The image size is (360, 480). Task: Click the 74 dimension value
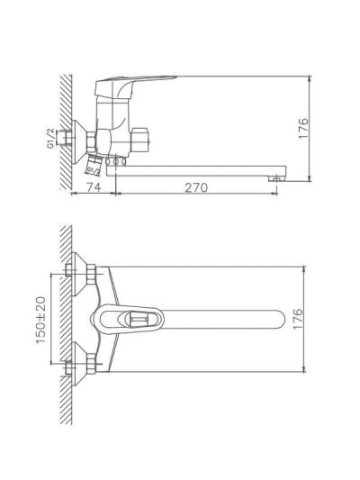(x=94, y=187)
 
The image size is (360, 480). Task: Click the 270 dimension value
(x=196, y=187)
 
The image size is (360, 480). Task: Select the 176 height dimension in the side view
(x=303, y=128)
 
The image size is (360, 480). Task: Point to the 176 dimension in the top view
(x=298, y=319)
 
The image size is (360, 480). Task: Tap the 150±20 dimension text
(x=41, y=320)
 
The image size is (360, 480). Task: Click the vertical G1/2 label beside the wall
(x=50, y=139)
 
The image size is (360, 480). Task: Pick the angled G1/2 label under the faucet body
(x=94, y=170)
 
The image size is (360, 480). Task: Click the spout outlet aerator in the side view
(x=276, y=178)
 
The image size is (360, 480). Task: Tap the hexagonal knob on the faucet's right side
(x=139, y=140)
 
